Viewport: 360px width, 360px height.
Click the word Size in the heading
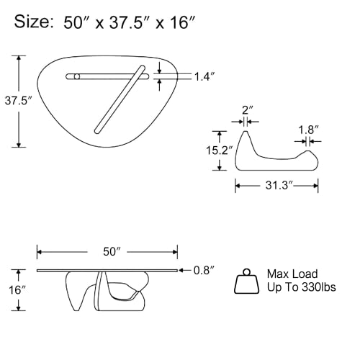pyautogui.click(x=32, y=22)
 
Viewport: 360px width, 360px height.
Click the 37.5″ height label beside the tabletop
pyautogui.click(x=19, y=101)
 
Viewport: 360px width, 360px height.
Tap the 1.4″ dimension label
pyautogui.click(x=204, y=77)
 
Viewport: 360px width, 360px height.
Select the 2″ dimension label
pyautogui.click(x=247, y=110)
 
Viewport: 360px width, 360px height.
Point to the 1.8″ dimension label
pyautogui.click(x=308, y=130)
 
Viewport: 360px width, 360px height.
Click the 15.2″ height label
pyautogui.click(x=220, y=150)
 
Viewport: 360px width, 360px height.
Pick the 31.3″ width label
pyautogui.click(x=279, y=185)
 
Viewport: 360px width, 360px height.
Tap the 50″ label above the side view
pyautogui.click(x=112, y=252)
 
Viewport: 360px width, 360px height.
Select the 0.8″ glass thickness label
pyautogui.click(x=204, y=271)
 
